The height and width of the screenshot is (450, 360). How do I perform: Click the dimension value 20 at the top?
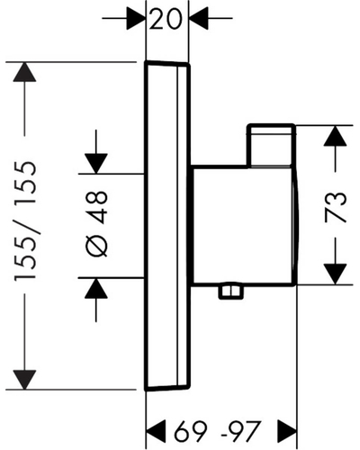(166, 19)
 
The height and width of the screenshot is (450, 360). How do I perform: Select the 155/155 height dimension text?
(25, 221)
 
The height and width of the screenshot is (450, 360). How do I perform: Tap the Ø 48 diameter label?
(96, 224)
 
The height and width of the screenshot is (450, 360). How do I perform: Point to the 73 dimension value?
(336, 207)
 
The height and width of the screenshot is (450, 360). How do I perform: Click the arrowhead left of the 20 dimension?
(136, 18)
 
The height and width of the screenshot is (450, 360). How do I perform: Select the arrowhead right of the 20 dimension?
(199, 18)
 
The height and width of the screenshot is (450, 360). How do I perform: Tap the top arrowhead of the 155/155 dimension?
(24, 72)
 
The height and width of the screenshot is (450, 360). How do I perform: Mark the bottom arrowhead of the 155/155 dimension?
(24, 380)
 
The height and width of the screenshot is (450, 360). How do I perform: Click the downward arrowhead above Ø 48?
(96, 164)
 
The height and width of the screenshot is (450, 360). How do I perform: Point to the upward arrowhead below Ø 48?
(96, 288)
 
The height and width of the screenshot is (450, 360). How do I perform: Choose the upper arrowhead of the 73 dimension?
(336, 136)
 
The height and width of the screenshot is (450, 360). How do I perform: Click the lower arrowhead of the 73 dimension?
(336, 274)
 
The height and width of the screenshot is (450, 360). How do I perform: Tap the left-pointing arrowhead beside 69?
(156, 431)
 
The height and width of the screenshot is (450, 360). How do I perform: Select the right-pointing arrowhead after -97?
(287, 431)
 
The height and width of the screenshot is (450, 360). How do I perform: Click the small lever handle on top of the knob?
(271, 146)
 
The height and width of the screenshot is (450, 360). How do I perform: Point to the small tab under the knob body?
(230, 292)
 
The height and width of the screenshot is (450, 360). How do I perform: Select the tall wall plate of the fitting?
(167, 226)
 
